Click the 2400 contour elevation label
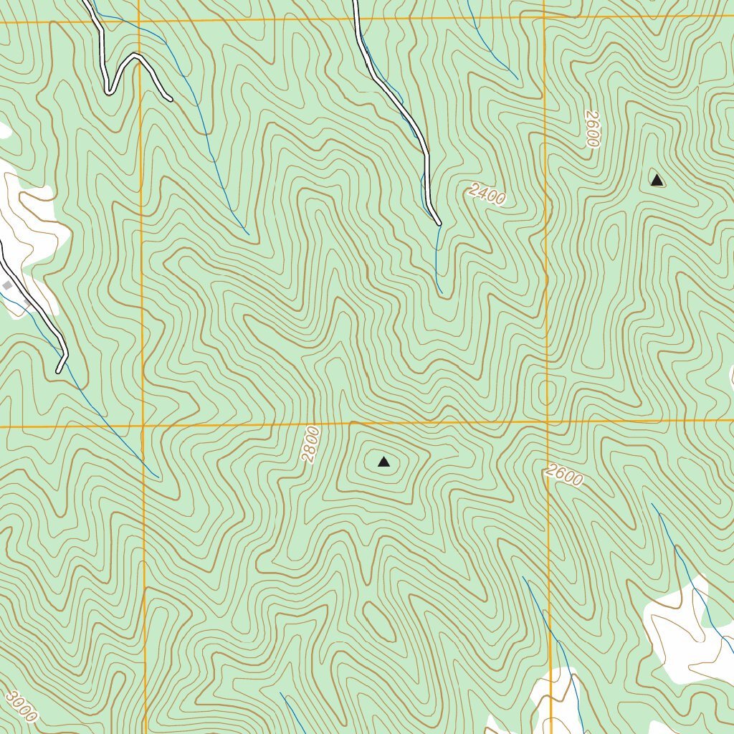487,194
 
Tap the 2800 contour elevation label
310,444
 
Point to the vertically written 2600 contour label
591,129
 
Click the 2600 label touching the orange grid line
563,475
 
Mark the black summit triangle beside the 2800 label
383,462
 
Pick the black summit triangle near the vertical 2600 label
657,180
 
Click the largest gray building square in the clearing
7,286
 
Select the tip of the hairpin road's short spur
170,98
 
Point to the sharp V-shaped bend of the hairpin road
108,91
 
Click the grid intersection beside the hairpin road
138,21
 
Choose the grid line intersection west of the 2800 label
141,426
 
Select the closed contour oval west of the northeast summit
611,240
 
